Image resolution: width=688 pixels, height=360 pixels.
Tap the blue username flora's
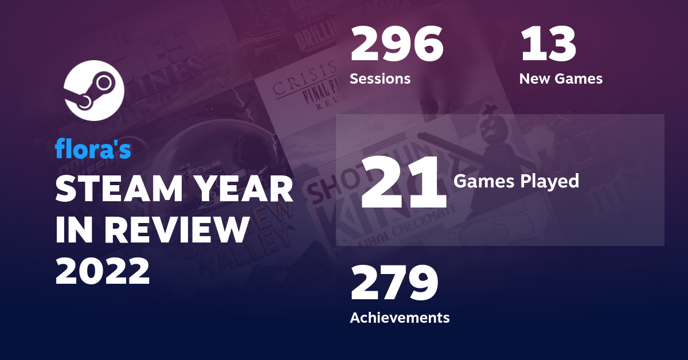coord(93,150)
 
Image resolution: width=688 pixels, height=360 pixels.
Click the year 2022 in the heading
coord(103,271)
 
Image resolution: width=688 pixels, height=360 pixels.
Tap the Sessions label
coord(380,79)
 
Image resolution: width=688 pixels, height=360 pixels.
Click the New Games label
coord(561,79)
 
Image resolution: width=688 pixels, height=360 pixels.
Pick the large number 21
coord(403,183)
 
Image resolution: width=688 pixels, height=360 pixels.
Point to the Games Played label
coord(516,182)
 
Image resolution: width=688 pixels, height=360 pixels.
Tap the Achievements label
coord(400,317)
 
